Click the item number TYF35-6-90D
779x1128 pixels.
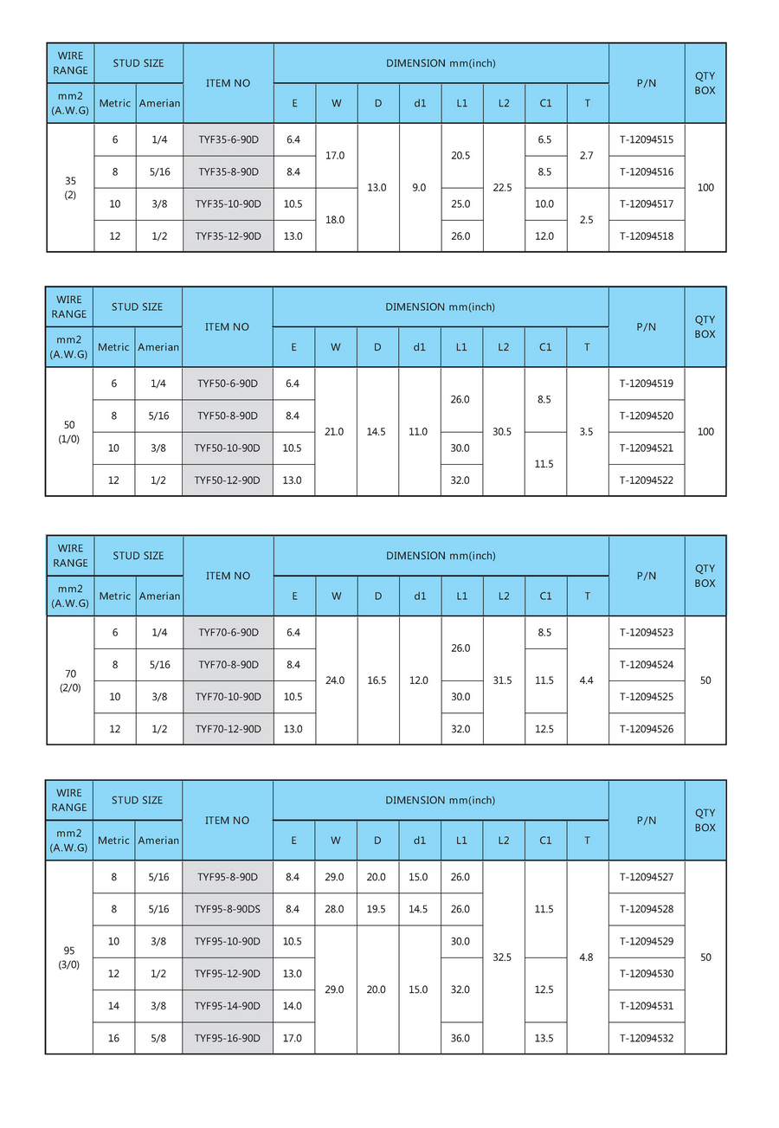click(x=228, y=139)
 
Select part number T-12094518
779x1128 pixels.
click(x=647, y=235)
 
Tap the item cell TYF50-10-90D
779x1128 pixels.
click(x=228, y=448)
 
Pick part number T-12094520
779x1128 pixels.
click(x=647, y=416)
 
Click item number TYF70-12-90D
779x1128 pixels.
click(x=228, y=729)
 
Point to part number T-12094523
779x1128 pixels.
click(x=647, y=632)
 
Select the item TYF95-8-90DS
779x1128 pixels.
click(x=228, y=909)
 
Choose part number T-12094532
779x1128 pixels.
click(x=647, y=1038)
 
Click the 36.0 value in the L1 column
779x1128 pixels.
click(x=460, y=1038)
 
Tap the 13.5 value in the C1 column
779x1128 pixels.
click(x=544, y=1038)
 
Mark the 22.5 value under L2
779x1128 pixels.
click(x=503, y=187)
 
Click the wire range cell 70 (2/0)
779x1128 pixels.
click(x=70, y=680)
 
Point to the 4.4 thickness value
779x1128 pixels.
click(x=587, y=680)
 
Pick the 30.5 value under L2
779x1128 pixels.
click(x=502, y=431)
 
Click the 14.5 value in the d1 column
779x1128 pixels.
click(x=418, y=909)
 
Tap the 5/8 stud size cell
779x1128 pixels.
click(x=158, y=1038)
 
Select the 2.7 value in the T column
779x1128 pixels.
click(x=587, y=156)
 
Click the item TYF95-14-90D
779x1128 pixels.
click(x=228, y=1006)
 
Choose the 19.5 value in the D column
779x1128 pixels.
click(x=377, y=909)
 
